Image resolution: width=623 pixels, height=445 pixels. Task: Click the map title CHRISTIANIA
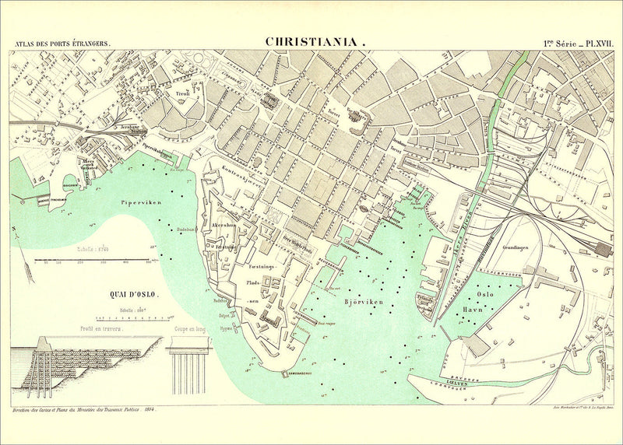pos(311,42)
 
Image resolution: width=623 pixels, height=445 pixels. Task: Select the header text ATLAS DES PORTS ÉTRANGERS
pos(62,44)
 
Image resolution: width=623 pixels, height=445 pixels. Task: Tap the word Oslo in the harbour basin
pos(485,296)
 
